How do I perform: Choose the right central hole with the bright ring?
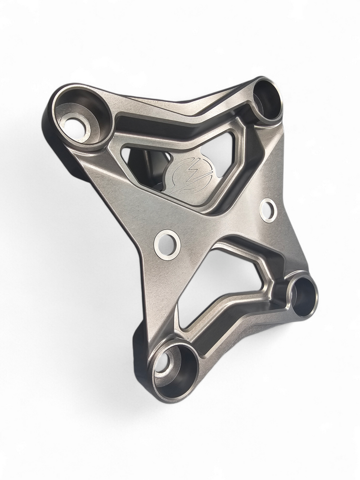(268, 210)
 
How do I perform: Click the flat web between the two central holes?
(216, 225)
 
